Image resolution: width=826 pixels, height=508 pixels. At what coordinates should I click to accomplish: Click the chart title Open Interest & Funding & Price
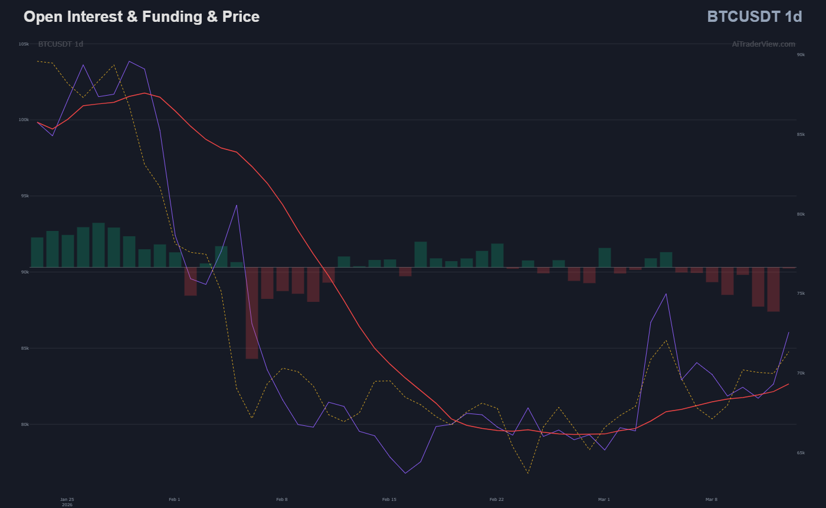coord(142,17)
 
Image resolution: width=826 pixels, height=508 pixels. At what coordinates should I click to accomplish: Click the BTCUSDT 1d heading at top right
coord(754,17)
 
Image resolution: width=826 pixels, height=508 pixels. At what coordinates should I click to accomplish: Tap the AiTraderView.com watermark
coord(763,44)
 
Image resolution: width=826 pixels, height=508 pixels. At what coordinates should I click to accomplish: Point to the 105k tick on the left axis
coord(24,44)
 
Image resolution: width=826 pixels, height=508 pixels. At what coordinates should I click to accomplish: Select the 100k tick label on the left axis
coord(24,120)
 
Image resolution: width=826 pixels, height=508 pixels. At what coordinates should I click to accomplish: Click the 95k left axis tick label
coord(24,196)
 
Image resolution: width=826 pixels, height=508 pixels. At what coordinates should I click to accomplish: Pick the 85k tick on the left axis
coord(24,348)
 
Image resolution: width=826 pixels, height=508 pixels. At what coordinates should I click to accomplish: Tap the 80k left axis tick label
coord(24,424)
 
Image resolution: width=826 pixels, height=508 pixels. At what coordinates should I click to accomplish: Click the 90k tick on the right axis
coord(801,55)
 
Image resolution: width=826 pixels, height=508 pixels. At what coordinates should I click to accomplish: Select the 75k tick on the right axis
coord(801,294)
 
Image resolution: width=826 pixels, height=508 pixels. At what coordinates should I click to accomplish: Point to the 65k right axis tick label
coord(801,453)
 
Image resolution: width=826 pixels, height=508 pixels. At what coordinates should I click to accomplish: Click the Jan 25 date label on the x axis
coord(67,500)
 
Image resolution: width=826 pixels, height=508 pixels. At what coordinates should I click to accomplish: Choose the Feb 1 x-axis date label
coord(175,500)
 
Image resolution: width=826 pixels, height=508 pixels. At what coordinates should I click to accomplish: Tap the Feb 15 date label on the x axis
coord(389,500)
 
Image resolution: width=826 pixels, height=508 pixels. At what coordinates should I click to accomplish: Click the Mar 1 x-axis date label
coord(604,500)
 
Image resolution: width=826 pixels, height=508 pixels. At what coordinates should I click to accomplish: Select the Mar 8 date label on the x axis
coord(712,500)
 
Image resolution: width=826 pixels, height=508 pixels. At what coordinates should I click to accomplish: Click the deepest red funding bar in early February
coord(252,313)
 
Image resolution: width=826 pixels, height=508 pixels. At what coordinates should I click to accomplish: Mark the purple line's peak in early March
coord(666,294)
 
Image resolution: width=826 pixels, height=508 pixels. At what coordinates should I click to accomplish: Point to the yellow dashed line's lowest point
coord(528,473)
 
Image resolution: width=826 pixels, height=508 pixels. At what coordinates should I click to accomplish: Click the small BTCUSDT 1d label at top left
coord(61,44)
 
